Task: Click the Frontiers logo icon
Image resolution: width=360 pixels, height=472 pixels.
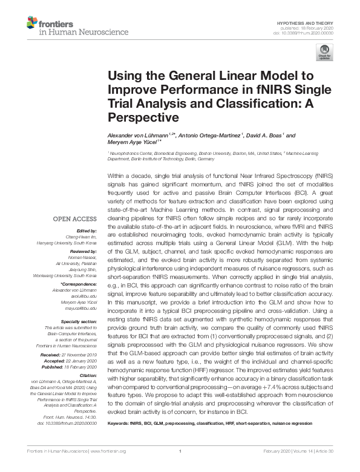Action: [x=32, y=22]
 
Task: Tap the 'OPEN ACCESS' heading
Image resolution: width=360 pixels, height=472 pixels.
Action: [x=74, y=218]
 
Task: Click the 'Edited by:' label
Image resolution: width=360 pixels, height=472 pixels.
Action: [x=87, y=231]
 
